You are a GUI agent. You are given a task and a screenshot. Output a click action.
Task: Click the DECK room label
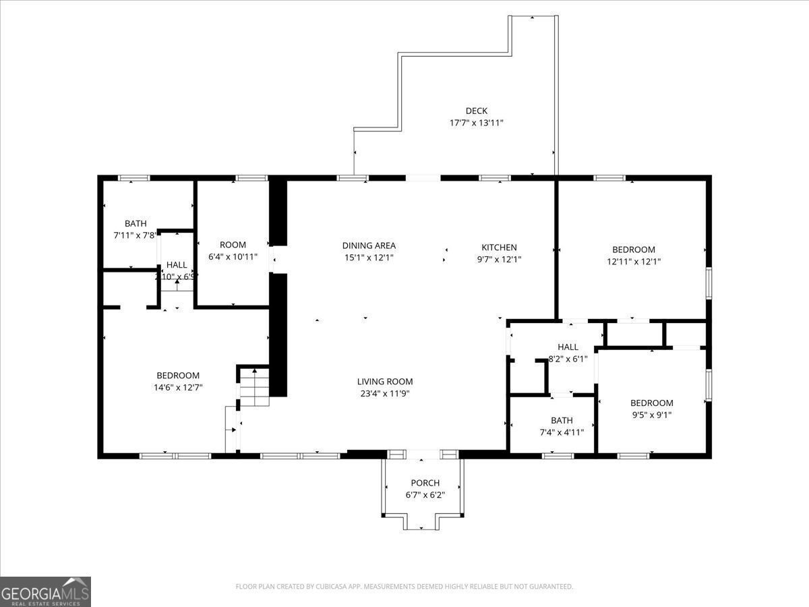(x=476, y=111)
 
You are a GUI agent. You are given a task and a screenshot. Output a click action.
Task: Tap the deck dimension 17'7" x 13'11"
(x=476, y=123)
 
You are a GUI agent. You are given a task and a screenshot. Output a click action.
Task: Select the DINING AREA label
(x=369, y=246)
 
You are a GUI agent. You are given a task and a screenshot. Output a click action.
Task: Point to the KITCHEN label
(x=499, y=248)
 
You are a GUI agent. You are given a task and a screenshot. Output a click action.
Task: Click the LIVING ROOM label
(x=384, y=382)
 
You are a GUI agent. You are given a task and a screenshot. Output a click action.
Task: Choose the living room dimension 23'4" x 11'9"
(x=384, y=394)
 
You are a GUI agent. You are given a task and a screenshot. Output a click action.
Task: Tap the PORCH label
(x=425, y=483)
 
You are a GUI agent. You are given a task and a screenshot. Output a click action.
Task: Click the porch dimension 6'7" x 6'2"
(x=425, y=495)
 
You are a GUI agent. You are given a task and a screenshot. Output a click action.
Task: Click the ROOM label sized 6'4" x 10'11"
(x=233, y=245)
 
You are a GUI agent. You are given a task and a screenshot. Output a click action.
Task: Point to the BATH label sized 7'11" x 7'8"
(x=136, y=224)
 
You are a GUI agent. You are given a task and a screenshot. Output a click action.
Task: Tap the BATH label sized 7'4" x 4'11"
(x=561, y=421)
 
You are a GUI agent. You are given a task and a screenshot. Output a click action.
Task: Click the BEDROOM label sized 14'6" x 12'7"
(x=178, y=376)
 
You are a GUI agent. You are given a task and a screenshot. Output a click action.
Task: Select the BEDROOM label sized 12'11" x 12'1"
(x=633, y=250)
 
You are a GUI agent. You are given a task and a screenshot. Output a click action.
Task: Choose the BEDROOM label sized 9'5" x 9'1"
(x=651, y=403)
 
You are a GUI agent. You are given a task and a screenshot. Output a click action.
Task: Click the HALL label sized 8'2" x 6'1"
(x=568, y=347)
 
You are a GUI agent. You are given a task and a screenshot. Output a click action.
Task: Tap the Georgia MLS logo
(x=45, y=591)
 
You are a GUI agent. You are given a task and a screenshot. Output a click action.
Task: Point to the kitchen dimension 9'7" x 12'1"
(x=499, y=260)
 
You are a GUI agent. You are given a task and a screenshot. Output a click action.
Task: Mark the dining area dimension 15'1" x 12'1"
(x=369, y=258)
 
